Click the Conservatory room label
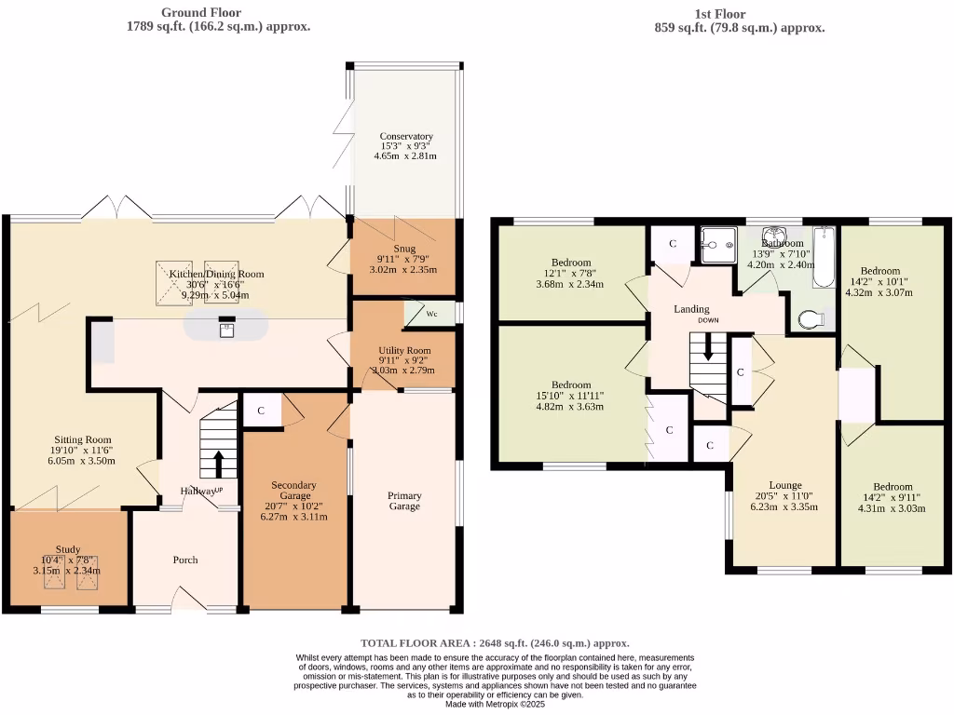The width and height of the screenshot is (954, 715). [x=406, y=137]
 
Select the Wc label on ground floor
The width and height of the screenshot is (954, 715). [x=431, y=314]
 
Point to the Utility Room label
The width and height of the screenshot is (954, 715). [x=405, y=350]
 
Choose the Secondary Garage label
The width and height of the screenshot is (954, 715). [x=293, y=485]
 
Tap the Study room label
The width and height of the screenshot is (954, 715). [x=67, y=549]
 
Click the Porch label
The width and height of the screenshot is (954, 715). [x=185, y=560]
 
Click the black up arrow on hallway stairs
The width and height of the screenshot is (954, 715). [x=219, y=463]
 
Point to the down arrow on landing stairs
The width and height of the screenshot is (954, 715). [x=709, y=350]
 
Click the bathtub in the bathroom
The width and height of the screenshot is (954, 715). [x=825, y=257]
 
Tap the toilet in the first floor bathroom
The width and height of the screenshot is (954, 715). [x=811, y=319]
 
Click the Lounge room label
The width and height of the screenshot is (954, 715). [x=785, y=485]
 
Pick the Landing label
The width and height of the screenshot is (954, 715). [x=691, y=309]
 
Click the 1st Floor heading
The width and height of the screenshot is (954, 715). [x=719, y=14]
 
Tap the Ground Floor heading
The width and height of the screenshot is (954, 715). [x=201, y=13]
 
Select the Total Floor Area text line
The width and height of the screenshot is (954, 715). [x=495, y=643]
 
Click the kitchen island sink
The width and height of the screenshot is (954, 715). [x=226, y=327]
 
